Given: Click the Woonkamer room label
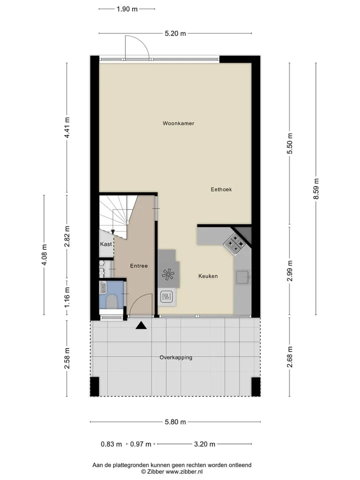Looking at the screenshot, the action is pyautogui.click(x=178, y=123).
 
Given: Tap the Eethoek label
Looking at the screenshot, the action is pyautogui.click(x=221, y=189).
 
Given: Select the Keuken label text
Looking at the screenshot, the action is pyautogui.click(x=208, y=276).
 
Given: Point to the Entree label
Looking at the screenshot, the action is pyautogui.click(x=138, y=265).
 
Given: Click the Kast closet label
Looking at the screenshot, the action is pyautogui.click(x=106, y=244).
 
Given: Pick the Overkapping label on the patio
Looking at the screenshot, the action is pyautogui.click(x=175, y=357).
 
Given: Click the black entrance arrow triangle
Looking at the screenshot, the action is pyautogui.click(x=141, y=325).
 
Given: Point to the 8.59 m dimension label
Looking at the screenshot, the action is pyautogui.click(x=316, y=189).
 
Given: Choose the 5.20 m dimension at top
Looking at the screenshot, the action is pyautogui.click(x=175, y=33).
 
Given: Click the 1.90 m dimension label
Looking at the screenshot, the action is pyautogui.click(x=127, y=9).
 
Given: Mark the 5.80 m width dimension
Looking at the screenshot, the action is pyautogui.click(x=175, y=422).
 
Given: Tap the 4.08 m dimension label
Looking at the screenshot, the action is pyautogui.click(x=44, y=254).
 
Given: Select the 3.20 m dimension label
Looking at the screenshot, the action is pyautogui.click(x=204, y=444).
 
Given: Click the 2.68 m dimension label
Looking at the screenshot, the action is pyautogui.click(x=290, y=357).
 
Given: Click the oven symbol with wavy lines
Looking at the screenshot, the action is pyautogui.click(x=166, y=296).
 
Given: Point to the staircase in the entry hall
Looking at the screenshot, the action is pyautogui.click(x=118, y=216).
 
